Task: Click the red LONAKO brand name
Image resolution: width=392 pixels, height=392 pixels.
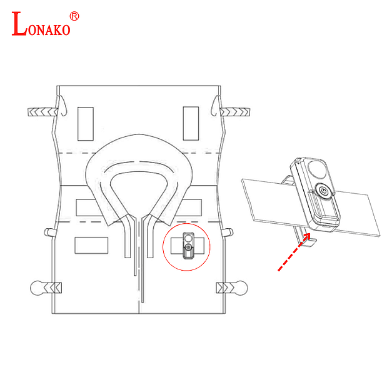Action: click(x=41, y=24)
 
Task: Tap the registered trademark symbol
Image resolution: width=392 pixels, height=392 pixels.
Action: click(x=74, y=16)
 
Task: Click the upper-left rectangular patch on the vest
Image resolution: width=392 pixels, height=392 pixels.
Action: click(x=86, y=124)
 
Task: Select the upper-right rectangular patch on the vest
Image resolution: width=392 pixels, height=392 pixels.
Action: click(x=191, y=123)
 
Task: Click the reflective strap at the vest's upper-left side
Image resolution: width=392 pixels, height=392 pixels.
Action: click(x=43, y=112)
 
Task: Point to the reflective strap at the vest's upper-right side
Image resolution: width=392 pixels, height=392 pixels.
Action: click(x=235, y=112)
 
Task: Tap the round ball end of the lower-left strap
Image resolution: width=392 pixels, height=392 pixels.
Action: click(x=37, y=288)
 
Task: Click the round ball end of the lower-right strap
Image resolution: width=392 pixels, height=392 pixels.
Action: click(x=241, y=288)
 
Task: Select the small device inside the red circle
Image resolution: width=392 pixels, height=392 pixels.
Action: click(x=188, y=246)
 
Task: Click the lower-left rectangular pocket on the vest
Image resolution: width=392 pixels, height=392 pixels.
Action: click(x=91, y=245)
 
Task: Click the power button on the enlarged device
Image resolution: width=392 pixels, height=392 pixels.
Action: click(x=323, y=191)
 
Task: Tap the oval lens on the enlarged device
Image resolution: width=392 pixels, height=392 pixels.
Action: click(x=317, y=169)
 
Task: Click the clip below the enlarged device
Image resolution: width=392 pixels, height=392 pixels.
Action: click(x=306, y=238)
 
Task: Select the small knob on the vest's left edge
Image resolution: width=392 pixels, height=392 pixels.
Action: click(x=49, y=232)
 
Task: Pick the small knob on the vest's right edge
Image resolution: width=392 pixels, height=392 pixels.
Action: click(x=228, y=233)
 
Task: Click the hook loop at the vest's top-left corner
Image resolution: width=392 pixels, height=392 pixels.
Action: click(x=63, y=106)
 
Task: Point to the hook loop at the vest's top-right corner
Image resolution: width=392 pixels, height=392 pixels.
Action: click(x=216, y=106)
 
